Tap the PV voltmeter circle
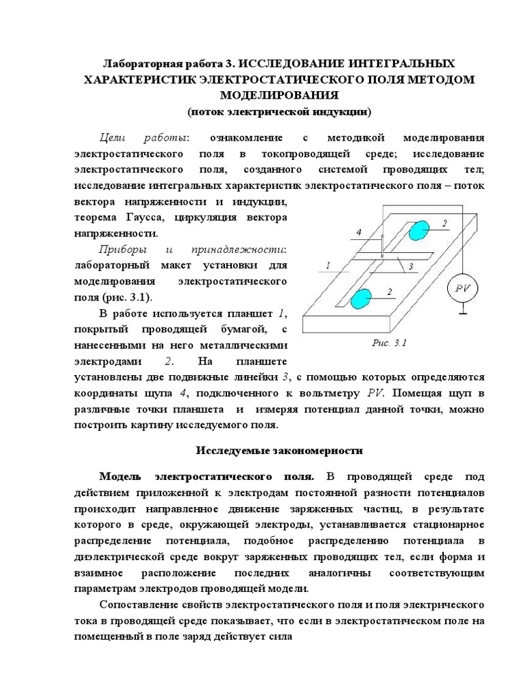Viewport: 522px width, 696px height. pos(462,288)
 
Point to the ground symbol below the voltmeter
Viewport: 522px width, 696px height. pos(462,313)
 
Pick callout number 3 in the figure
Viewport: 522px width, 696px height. pos(412,268)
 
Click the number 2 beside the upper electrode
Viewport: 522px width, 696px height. pos(444,223)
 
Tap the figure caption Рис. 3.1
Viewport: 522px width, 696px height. pos(389,343)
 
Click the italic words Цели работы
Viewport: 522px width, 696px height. pos(143,135)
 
